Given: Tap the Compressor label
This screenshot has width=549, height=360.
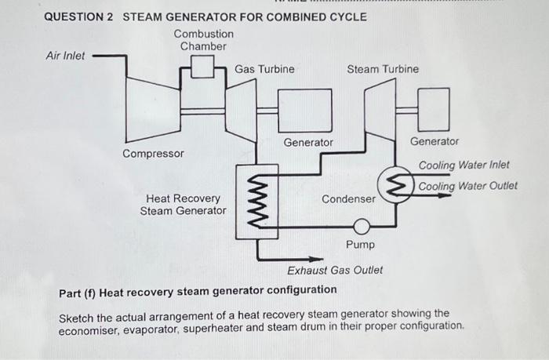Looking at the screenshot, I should click(x=154, y=153).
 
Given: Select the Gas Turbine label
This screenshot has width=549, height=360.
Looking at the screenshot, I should click(x=264, y=69).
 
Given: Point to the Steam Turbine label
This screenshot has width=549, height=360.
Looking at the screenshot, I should click(x=383, y=69).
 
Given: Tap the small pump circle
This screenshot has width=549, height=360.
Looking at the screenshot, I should click(x=361, y=227).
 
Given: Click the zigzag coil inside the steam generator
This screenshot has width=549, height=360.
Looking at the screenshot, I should click(x=256, y=200).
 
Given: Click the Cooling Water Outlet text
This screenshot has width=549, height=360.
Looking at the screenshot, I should click(x=467, y=186).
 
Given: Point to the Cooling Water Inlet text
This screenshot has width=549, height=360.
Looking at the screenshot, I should click(x=464, y=165).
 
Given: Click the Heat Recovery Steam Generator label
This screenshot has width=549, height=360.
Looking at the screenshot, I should click(x=184, y=205).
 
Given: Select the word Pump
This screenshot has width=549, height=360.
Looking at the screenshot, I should click(x=360, y=245).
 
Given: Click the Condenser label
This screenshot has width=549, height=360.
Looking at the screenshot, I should click(x=348, y=199).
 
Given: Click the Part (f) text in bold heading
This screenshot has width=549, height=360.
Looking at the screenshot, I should click(x=78, y=290).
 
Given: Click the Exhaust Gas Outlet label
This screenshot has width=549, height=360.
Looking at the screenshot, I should click(x=335, y=271).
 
